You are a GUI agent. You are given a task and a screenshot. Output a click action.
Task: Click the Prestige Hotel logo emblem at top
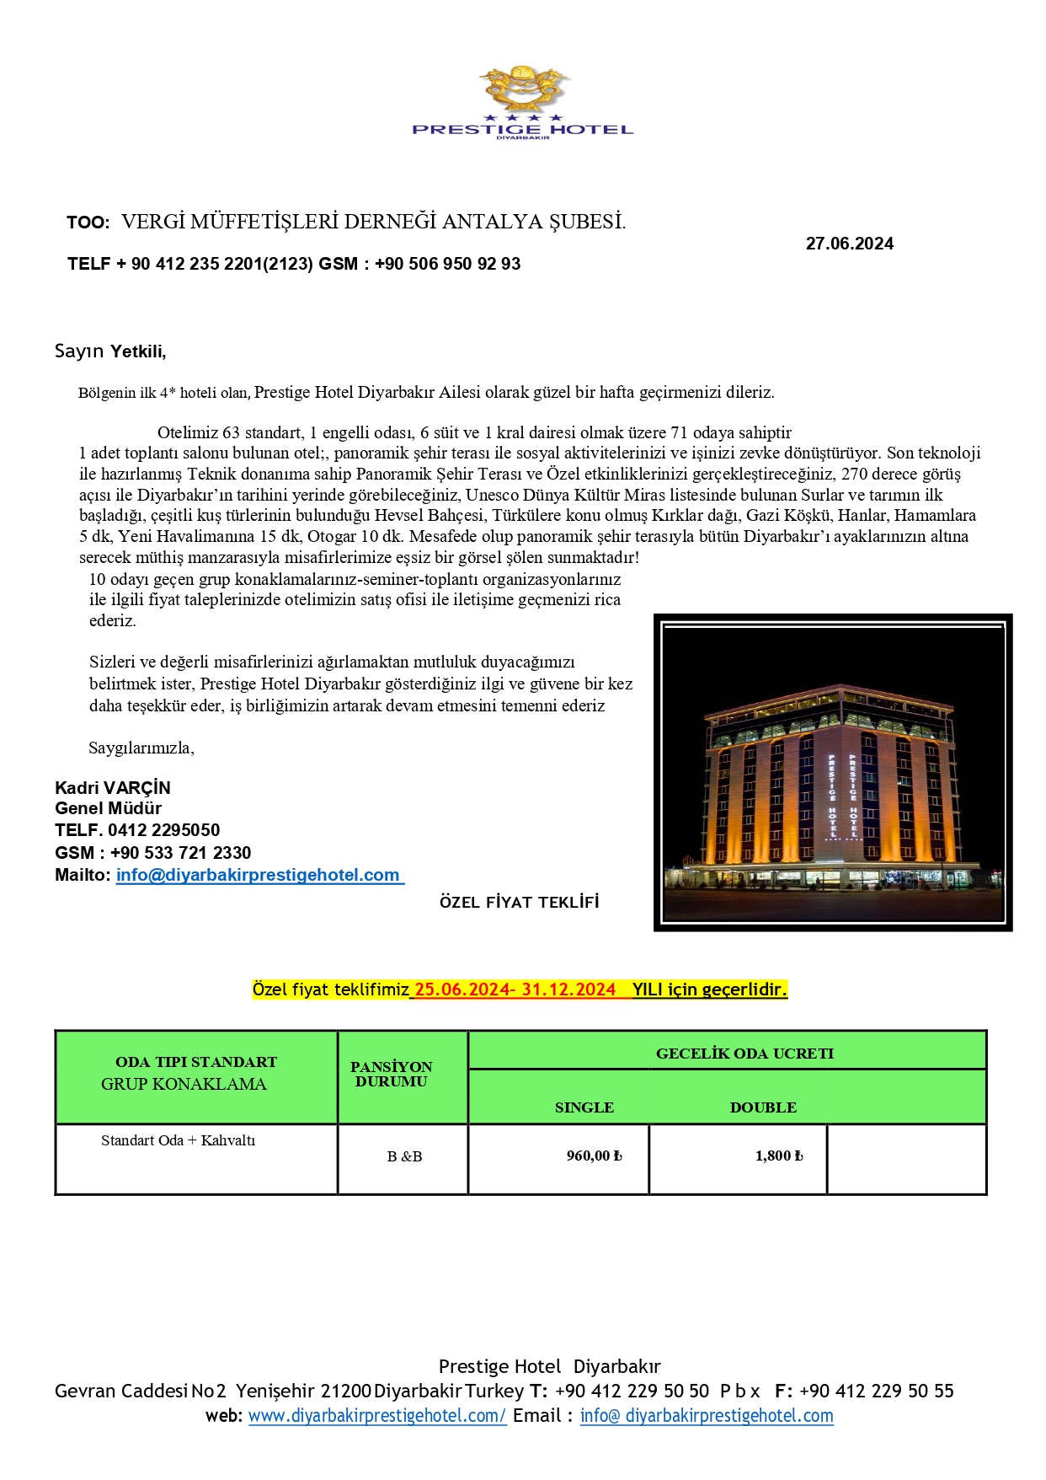click(x=522, y=88)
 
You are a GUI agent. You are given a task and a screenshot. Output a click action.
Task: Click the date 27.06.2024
click(x=849, y=244)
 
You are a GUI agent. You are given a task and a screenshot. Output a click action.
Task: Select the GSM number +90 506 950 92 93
click(x=447, y=264)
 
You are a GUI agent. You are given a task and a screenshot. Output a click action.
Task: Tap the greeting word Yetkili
click(x=138, y=351)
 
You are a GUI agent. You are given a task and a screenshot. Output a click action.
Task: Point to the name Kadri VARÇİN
click(x=113, y=788)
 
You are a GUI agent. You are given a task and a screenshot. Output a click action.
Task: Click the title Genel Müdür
click(x=108, y=808)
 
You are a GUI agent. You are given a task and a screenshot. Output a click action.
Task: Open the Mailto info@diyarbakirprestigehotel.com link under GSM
click(x=258, y=875)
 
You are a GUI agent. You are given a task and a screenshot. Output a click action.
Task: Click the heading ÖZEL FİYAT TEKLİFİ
click(x=519, y=903)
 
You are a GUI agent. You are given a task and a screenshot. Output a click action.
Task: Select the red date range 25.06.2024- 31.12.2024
click(x=515, y=989)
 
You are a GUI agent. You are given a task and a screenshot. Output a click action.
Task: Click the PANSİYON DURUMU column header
click(x=392, y=1074)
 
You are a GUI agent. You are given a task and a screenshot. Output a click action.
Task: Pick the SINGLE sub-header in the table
click(x=584, y=1107)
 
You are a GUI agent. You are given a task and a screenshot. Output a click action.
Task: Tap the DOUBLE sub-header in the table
click(x=763, y=1107)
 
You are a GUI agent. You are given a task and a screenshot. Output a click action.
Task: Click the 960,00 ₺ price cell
click(x=594, y=1156)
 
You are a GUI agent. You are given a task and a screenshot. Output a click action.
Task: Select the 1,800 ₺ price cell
click(x=779, y=1156)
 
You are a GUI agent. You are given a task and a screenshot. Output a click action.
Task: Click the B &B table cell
click(x=404, y=1156)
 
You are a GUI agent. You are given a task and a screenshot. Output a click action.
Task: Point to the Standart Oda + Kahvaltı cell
click(x=178, y=1140)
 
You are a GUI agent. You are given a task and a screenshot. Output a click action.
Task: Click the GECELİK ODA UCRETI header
click(x=744, y=1054)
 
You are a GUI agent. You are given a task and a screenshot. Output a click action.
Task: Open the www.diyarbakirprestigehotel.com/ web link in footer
click(x=377, y=1417)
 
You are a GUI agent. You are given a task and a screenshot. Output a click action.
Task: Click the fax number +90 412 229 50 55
click(x=876, y=1392)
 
